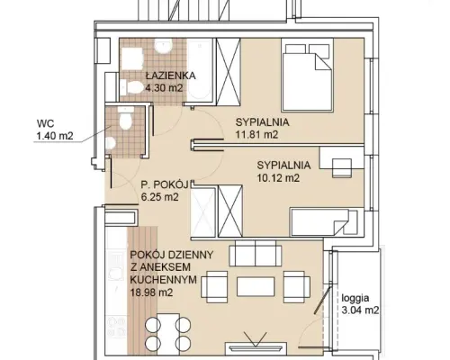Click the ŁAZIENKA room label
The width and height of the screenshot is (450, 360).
(171, 76)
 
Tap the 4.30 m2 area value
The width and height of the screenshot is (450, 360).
(164, 88)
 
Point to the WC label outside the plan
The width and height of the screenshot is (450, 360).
(45, 123)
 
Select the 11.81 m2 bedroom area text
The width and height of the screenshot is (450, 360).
(256, 135)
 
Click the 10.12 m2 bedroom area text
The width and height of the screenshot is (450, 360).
(278, 178)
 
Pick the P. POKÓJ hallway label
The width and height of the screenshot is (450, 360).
(165, 184)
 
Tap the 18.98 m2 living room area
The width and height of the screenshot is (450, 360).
(152, 292)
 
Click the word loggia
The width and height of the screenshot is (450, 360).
(355, 299)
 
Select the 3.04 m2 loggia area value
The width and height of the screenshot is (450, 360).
(360, 310)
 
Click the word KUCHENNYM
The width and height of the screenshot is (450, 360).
(164, 280)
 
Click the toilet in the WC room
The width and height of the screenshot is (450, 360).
(125, 119)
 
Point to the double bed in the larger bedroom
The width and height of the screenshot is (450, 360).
(307, 75)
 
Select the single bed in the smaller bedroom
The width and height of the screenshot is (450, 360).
(324, 222)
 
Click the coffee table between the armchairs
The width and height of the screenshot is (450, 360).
(256, 286)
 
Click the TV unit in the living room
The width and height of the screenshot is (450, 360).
(256, 349)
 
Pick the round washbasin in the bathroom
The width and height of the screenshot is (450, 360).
(163, 46)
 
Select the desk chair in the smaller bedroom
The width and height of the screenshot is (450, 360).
(342, 167)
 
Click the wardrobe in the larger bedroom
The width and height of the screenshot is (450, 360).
(229, 72)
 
